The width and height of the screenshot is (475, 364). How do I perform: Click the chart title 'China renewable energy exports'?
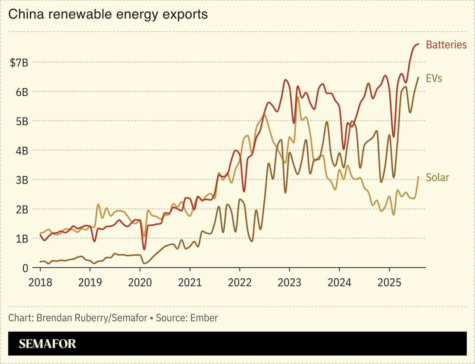(x=108, y=14)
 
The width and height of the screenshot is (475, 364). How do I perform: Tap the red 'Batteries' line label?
(x=446, y=45)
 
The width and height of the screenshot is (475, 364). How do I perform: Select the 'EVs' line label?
(x=434, y=78)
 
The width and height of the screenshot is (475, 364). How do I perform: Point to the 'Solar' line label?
(x=437, y=178)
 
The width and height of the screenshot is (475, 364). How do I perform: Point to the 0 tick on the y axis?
(x=25, y=268)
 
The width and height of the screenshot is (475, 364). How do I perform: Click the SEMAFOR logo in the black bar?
(x=47, y=344)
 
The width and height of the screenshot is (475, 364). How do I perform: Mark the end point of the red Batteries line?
(x=418, y=44)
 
